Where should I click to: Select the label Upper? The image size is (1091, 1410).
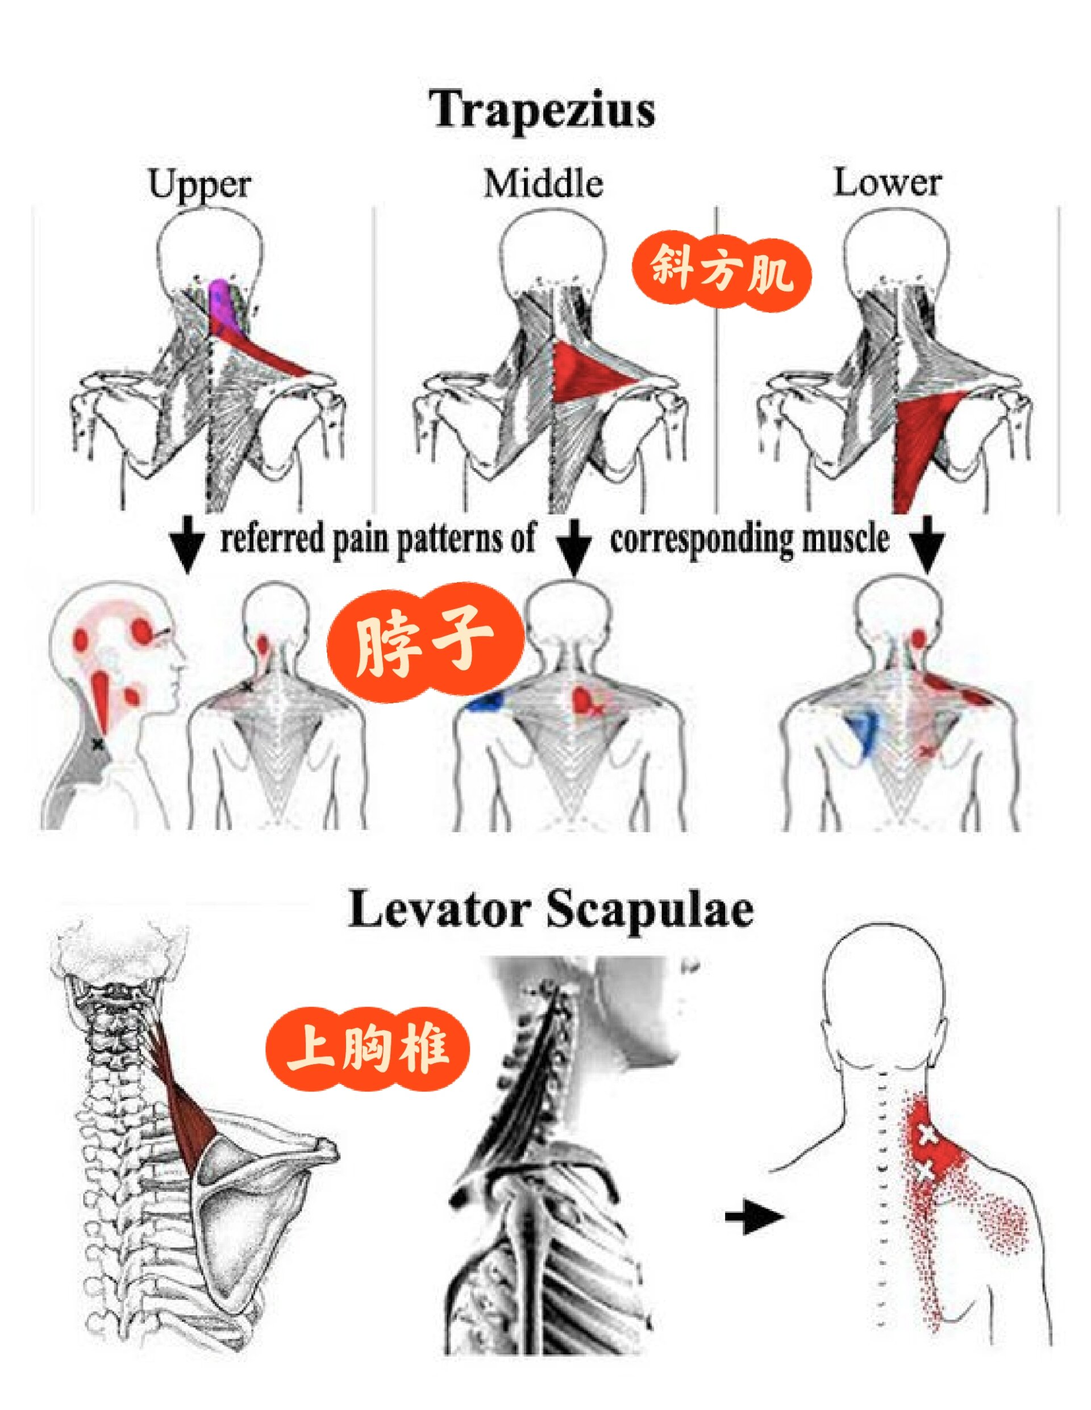(x=199, y=185)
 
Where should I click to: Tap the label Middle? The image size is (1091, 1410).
(x=544, y=183)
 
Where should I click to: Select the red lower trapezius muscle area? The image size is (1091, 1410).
(x=925, y=445)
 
